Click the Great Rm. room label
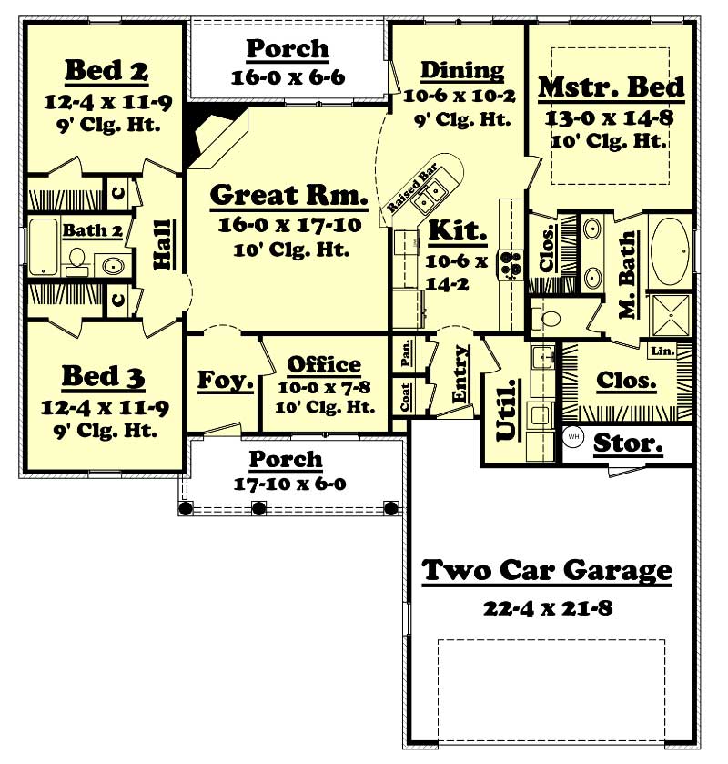(x=288, y=195)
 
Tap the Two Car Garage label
(x=547, y=571)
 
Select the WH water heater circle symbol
(x=573, y=437)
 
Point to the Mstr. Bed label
(x=612, y=87)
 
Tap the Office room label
(x=324, y=365)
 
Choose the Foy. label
(x=226, y=380)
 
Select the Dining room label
(x=461, y=70)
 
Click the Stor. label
(x=628, y=444)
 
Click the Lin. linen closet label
(x=661, y=350)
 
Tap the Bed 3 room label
(x=104, y=376)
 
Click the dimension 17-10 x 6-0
(x=287, y=483)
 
